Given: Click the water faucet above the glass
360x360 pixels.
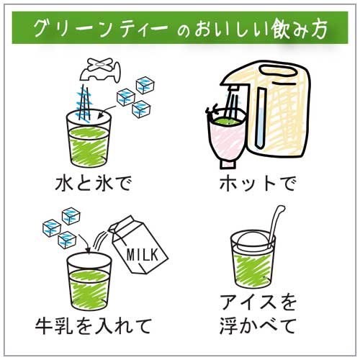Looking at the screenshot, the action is coord(101,70).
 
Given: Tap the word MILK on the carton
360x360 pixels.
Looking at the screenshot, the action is coord(143,255).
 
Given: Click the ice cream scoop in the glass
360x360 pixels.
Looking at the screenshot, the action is coord(252,242).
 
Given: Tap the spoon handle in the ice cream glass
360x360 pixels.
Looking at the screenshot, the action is coord(276,223).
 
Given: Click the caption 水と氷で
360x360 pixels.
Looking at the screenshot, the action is coord(94,184).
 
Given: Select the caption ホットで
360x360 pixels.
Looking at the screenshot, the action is coord(258,184).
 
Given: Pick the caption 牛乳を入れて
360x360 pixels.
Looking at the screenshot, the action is coord(93,326).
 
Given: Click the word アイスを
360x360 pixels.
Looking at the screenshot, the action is coord(258,302).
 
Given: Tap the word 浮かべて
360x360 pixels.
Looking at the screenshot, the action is coord(258,326).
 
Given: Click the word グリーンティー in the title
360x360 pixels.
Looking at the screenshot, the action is coord(101,28).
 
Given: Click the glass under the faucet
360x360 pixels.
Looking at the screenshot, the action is coord(89,138).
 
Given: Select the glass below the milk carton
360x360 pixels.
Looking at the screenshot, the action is coord(89,282).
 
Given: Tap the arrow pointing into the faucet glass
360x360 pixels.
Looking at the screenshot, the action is coord(107,111).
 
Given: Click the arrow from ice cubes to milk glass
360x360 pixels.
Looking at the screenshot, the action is coord(85,243).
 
